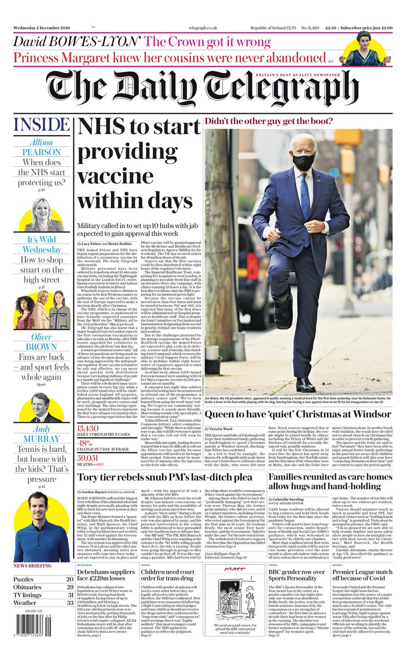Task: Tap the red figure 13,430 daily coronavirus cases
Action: tap(91, 428)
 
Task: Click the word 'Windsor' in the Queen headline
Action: tap(369, 415)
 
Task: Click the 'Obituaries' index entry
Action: tap(31, 586)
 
